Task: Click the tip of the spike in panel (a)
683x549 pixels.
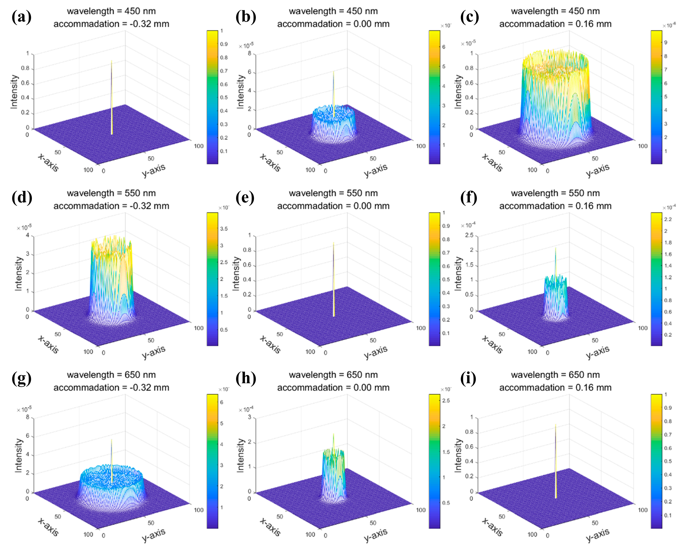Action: tap(111, 61)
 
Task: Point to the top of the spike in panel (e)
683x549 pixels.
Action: tap(334, 243)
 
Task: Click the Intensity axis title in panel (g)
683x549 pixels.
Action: tap(19, 455)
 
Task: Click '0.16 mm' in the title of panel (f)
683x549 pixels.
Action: tap(593, 206)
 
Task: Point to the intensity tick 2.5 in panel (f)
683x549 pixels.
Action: tap(469, 235)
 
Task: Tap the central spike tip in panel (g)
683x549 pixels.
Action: tap(111, 440)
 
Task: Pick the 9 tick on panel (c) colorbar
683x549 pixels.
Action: tap(666, 43)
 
